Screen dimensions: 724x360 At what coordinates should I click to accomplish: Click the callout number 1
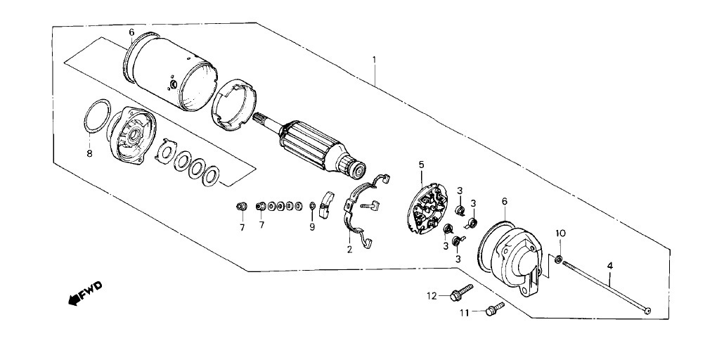pos(375,60)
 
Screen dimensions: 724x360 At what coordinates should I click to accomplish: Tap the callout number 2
pos(349,250)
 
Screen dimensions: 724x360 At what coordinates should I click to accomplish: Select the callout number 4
pos(609,266)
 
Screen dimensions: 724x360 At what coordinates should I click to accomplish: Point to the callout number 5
pos(421,164)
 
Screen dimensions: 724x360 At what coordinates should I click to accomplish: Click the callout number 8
pos(89,153)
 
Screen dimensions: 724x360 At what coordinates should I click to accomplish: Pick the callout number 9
pos(312,227)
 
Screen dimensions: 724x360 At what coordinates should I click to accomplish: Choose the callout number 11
pos(464,313)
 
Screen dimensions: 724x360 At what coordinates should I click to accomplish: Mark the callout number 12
pos(432,296)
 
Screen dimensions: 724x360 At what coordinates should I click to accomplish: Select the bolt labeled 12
pos(461,293)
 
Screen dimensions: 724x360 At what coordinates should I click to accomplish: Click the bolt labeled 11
pos(495,309)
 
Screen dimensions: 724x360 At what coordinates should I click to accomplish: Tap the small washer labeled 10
pos(559,259)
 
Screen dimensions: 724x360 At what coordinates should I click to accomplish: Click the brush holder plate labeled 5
pos(428,207)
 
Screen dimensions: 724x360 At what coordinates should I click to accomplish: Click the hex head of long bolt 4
pos(648,311)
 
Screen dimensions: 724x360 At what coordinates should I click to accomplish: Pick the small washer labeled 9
pos(312,205)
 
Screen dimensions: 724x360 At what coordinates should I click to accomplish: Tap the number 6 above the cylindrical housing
pos(131,32)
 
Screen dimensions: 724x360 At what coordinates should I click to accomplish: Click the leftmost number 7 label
pos(242,227)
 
